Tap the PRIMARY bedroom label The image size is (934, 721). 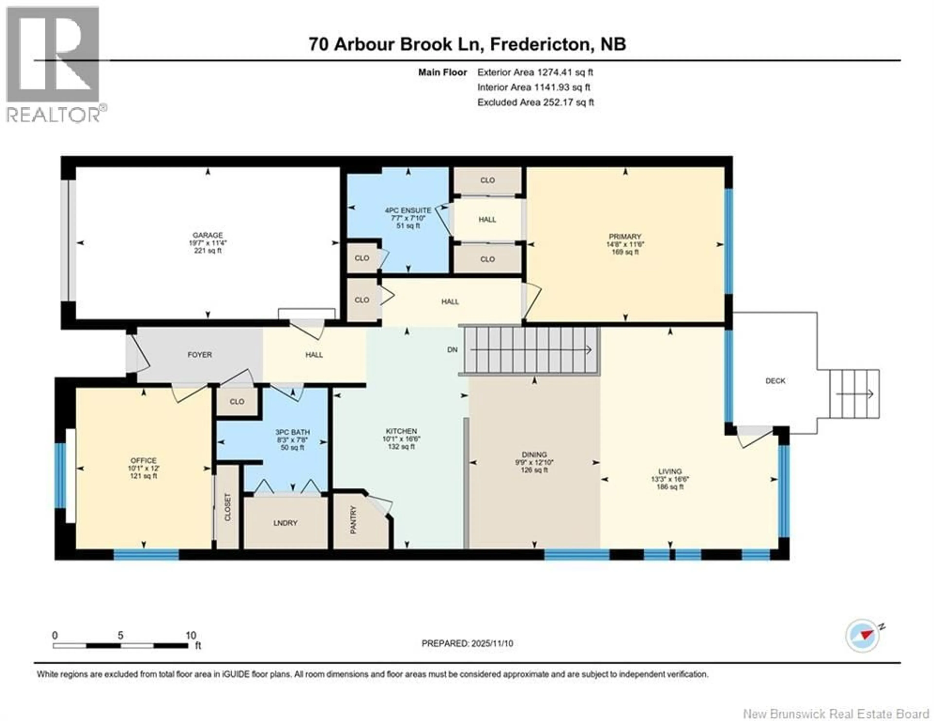pos(625,236)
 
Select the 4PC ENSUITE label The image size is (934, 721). pos(408,210)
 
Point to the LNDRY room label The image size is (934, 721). pos(285,523)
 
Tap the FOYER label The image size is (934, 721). pos(200,354)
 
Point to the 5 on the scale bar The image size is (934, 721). pos(121,635)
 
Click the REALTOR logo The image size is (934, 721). pos(54,64)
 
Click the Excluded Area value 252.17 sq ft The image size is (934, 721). pos(568,102)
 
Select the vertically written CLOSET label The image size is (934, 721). pos(227,507)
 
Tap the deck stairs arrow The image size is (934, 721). pos(854,394)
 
